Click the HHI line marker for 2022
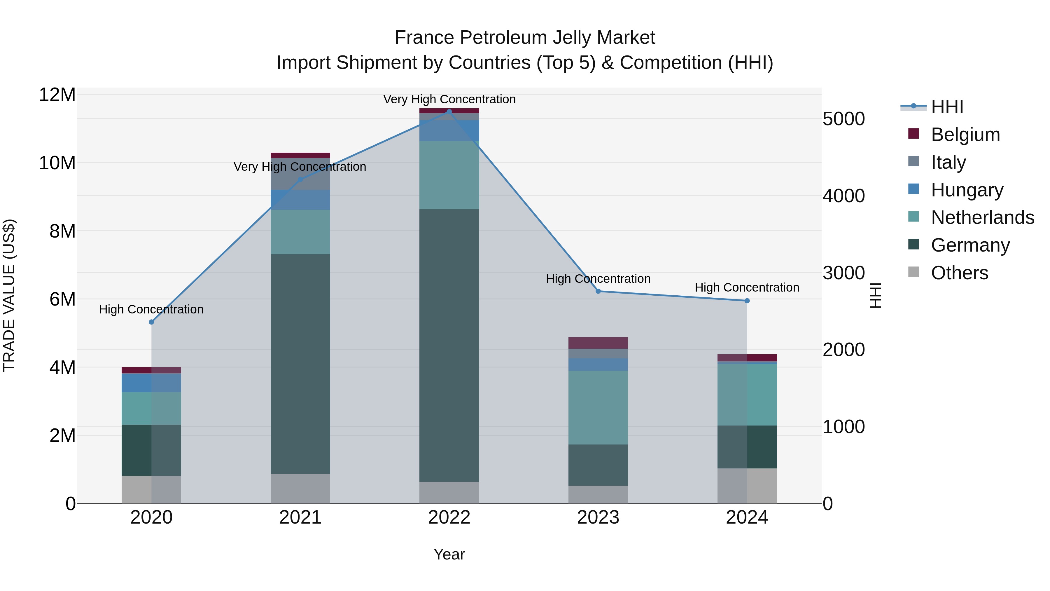coord(449,111)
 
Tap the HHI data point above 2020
coord(152,322)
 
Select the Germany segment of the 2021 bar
coord(300,364)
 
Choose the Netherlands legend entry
coord(982,217)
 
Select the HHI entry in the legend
coord(947,107)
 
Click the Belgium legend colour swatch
coord(914,134)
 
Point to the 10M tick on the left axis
coord(57,163)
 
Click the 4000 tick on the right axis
coord(843,196)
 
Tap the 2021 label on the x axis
coord(300,517)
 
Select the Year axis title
coord(449,554)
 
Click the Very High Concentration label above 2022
coord(449,99)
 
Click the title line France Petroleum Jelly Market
coord(525,38)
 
